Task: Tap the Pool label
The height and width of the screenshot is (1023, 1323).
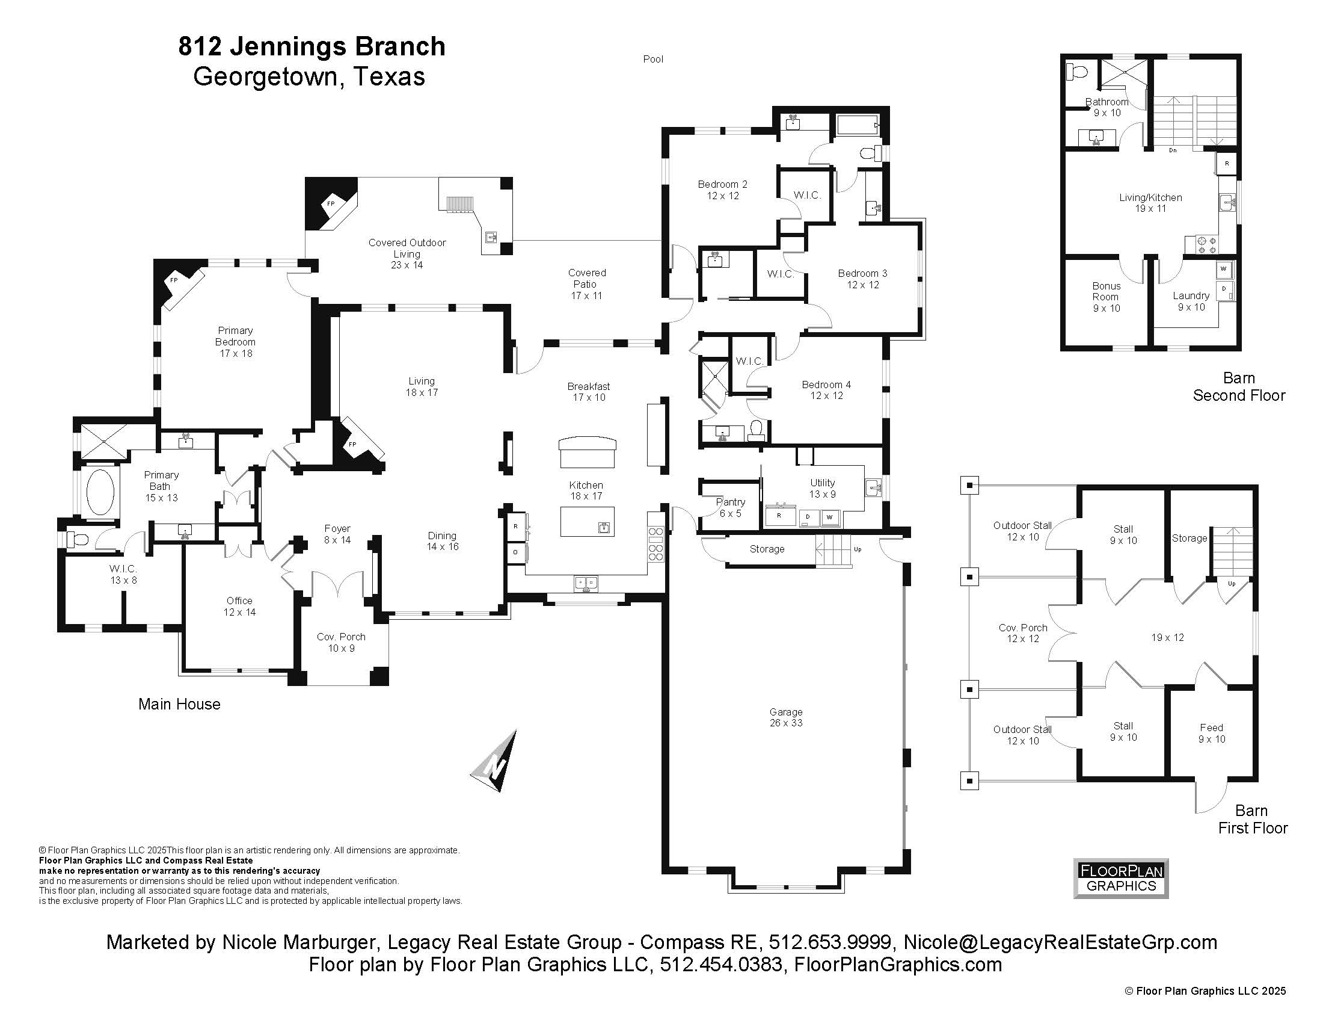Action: tap(653, 59)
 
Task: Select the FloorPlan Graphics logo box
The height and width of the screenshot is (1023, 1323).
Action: tap(1121, 878)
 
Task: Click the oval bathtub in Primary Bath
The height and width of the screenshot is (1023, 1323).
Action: tap(100, 492)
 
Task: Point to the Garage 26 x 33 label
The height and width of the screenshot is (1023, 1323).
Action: tap(786, 717)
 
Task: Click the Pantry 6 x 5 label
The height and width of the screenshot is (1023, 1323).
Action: tap(730, 507)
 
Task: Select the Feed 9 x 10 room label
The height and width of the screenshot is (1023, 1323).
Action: tap(1212, 733)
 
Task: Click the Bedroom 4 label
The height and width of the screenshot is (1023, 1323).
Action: tap(826, 390)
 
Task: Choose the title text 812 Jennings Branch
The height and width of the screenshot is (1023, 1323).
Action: tap(312, 47)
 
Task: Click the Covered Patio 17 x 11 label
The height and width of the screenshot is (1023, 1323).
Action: tap(586, 283)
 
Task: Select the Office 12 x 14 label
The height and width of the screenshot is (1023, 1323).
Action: tap(239, 606)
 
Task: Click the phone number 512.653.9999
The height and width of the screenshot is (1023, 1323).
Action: tap(829, 942)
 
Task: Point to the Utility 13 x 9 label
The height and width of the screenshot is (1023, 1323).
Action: tap(822, 488)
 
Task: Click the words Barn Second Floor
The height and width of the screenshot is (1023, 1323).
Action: tap(1239, 387)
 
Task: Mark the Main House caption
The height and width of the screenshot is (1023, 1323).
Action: tap(179, 703)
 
